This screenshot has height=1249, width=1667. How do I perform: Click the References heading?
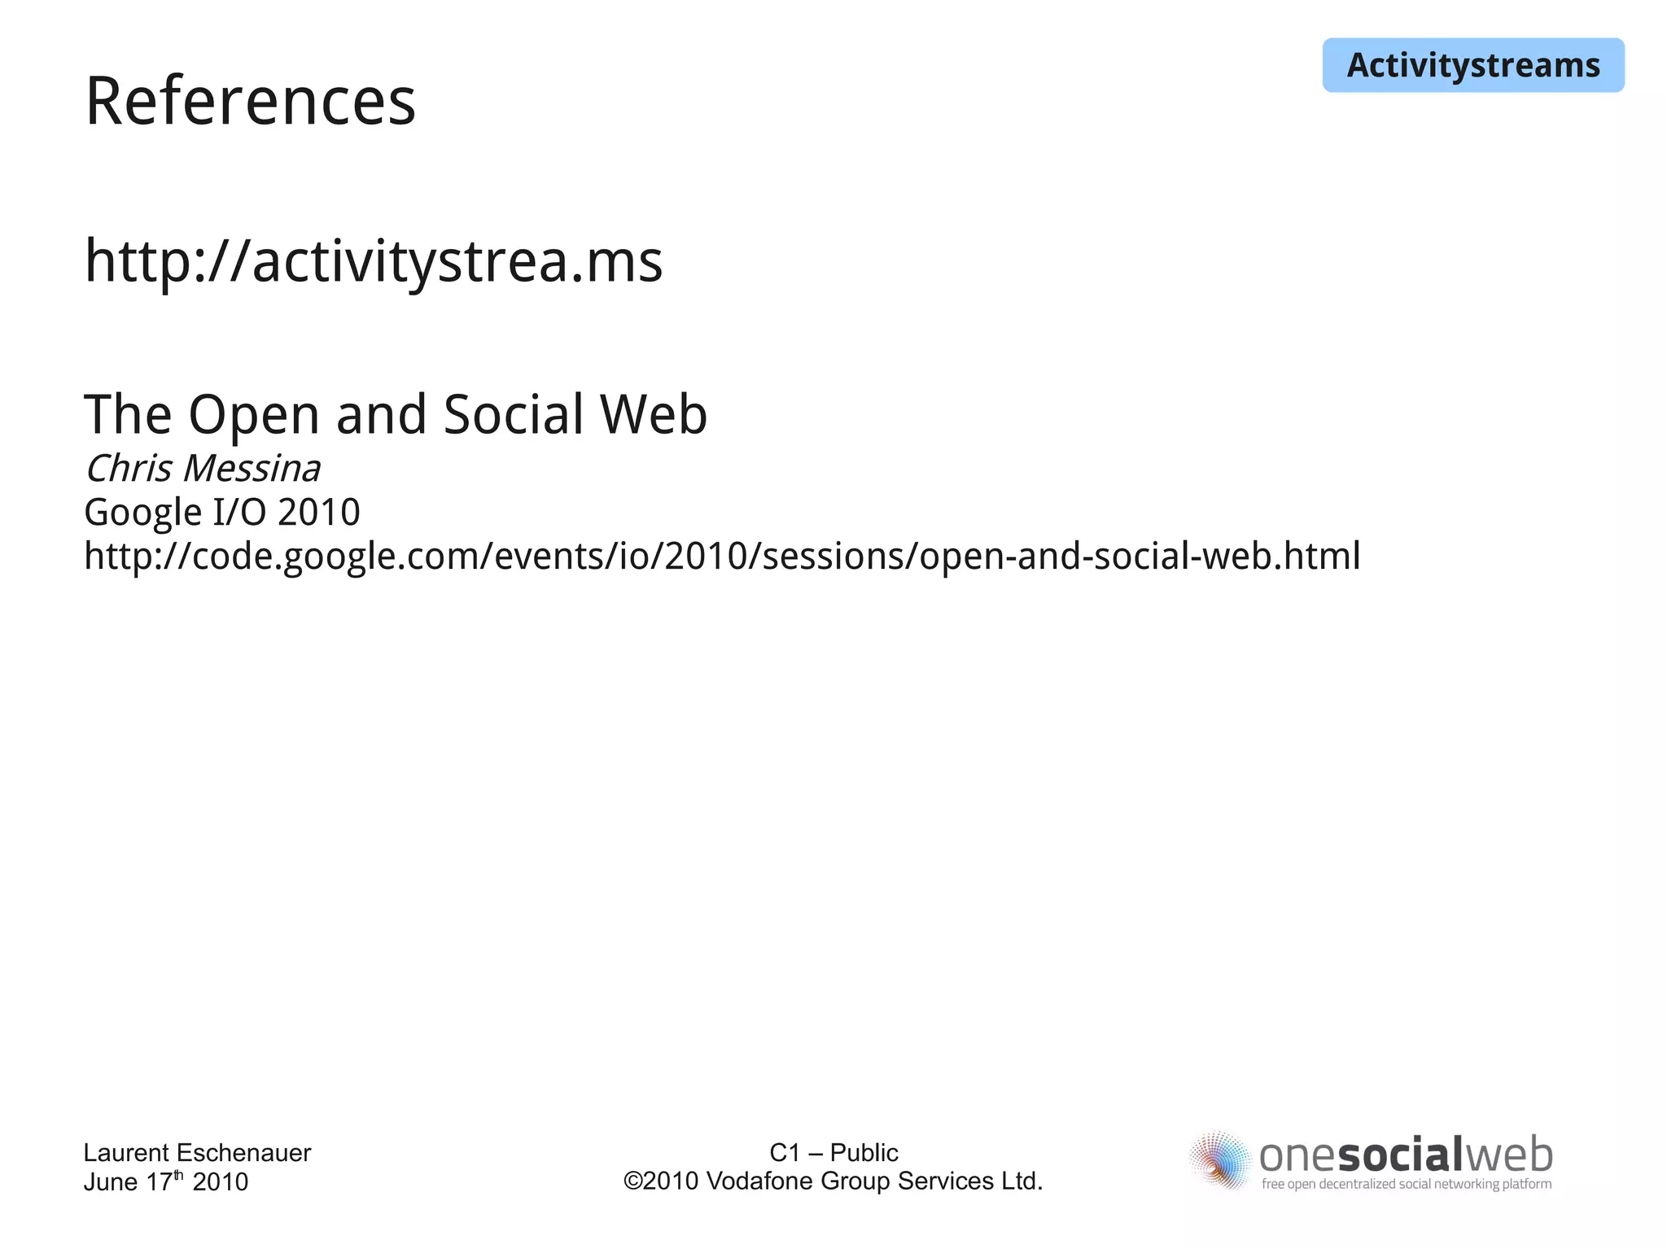[x=250, y=102]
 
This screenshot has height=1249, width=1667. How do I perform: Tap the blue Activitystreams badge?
[x=1472, y=65]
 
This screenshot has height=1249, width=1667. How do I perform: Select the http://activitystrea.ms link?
[x=374, y=261]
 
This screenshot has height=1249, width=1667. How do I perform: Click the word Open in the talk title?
[x=254, y=416]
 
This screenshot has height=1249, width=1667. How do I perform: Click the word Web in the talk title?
[x=654, y=414]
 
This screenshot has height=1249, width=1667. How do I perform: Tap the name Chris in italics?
[x=129, y=469]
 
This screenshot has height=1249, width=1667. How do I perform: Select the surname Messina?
[x=252, y=469]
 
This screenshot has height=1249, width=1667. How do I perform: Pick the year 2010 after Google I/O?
[x=318, y=513]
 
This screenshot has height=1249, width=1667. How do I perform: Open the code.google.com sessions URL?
[x=722, y=557]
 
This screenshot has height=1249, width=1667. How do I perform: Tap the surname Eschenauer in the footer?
[x=243, y=1152]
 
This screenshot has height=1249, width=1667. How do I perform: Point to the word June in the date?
[x=111, y=1181]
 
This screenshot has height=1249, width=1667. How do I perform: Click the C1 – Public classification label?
[x=833, y=1152]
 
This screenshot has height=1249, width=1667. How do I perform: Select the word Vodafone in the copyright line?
[x=760, y=1181]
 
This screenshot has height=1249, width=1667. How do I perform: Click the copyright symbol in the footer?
[x=632, y=1181]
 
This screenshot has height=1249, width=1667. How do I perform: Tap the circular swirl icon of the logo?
[x=1219, y=1159]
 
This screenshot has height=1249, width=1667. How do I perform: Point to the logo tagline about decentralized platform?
[x=1406, y=1184]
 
